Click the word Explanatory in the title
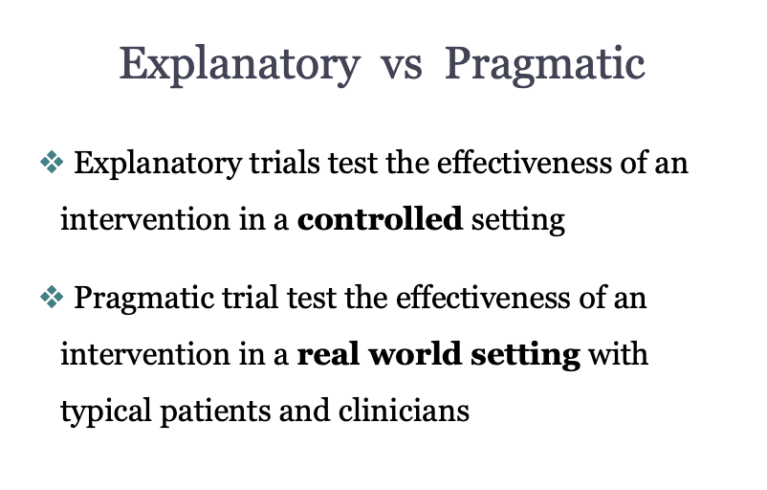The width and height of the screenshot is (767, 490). pyautogui.click(x=240, y=66)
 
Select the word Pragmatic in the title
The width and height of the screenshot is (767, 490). pyautogui.click(x=545, y=66)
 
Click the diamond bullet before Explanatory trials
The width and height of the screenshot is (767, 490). pyautogui.click(x=52, y=162)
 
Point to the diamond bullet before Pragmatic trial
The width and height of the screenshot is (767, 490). pyautogui.click(x=52, y=297)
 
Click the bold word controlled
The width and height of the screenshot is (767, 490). pyautogui.click(x=380, y=219)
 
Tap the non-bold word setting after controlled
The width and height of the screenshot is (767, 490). pyautogui.click(x=518, y=221)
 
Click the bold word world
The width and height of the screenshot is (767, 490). pyautogui.click(x=415, y=353)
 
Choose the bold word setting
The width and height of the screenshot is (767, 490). pyautogui.click(x=525, y=355)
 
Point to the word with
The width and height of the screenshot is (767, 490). pyautogui.click(x=619, y=353)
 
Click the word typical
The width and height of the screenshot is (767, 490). pyautogui.click(x=105, y=412)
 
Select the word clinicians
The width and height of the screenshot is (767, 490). pyautogui.click(x=404, y=410)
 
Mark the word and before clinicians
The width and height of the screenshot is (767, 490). pyautogui.click(x=304, y=410)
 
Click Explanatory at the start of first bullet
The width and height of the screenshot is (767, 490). pyautogui.click(x=158, y=164)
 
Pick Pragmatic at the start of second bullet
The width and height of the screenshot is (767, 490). pyautogui.click(x=143, y=299)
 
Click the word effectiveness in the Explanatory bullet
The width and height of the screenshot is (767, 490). pyautogui.click(x=524, y=163)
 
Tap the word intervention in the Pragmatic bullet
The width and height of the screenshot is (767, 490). pyautogui.click(x=144, y=353)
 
